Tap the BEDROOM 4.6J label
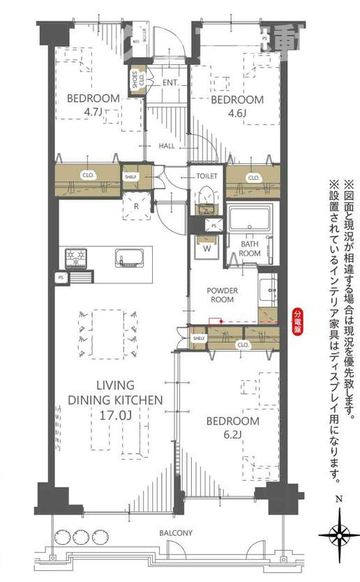(237, 105)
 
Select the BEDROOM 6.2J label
(233, 428)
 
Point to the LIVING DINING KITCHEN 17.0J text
(115, 401)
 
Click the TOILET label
(207, 177)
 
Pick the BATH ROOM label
(250, 248)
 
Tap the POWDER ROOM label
(223, 294)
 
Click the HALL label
(167, 146)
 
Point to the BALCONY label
(175, 533)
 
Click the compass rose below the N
(339, 536)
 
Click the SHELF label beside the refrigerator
(130, 177)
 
